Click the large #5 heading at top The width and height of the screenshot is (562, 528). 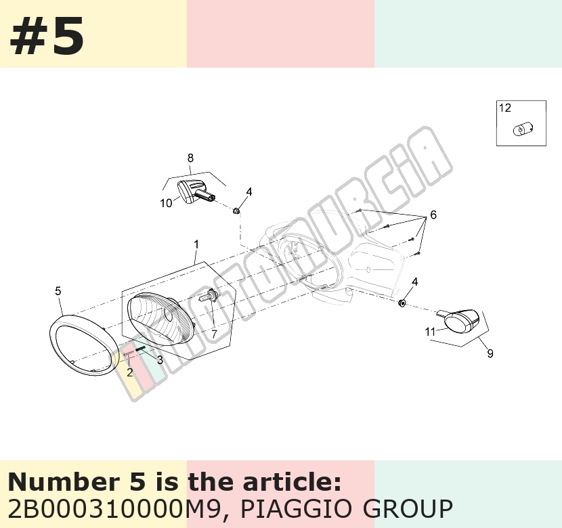(47, 36)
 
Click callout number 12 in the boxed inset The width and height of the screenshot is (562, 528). (505, 108)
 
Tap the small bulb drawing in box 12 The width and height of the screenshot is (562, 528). (523, 129)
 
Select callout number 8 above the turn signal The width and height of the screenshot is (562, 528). (190, 158)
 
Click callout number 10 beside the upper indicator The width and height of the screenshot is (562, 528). (166, 203)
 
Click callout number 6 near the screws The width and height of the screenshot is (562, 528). (433, 215)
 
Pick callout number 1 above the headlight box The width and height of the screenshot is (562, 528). (196, 244)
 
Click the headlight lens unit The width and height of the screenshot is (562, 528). (161, 317)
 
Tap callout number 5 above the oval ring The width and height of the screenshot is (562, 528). (58, 291)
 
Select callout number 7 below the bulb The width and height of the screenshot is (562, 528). (214, 334)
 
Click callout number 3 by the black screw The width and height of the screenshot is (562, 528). (160, 359)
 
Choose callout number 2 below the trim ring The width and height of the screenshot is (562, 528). (130, 372)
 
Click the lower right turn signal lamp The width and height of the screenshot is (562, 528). (460, 320)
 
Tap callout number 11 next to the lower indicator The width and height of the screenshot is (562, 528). (430, 332)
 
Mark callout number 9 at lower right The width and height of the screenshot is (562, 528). (490, 353)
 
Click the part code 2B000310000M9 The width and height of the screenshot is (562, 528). (113, 508)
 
